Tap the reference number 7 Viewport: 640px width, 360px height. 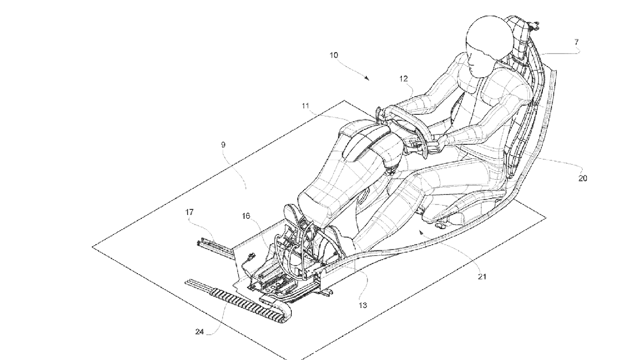click(x=576, y=41)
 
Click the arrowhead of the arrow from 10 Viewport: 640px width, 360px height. click(x=367, y=79)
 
